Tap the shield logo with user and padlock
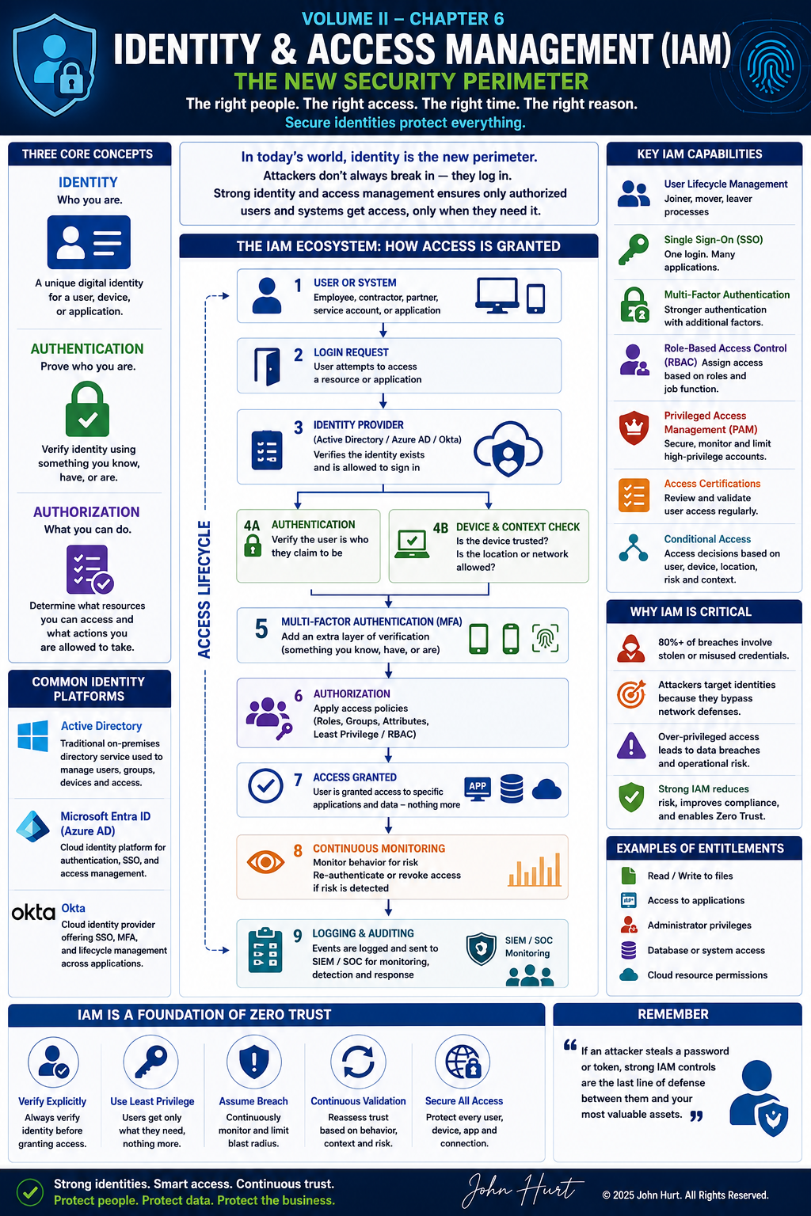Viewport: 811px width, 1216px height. [55, 65]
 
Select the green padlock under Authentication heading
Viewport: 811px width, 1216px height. [87, 408]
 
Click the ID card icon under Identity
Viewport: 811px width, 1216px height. [89, 242]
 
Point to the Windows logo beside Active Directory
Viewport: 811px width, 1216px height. [32, 736]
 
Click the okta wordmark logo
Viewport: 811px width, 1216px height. [34, 913]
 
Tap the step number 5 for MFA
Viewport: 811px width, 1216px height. [261, 629]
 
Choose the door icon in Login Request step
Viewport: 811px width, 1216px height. [267, 367]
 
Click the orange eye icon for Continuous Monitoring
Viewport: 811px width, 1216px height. [265, 862]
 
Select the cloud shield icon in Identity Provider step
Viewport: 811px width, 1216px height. [508, 448]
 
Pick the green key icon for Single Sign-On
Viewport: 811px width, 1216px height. [634, 249]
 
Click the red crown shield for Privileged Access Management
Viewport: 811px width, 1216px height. [634, 427]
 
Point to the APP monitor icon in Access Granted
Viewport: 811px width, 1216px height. [478, 788]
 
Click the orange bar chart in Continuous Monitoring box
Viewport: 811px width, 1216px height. [535, 869]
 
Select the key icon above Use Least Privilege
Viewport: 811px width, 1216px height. [151, 1062]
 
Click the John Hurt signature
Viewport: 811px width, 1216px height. [522, 1190]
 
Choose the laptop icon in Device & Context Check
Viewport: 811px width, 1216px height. [412, 544]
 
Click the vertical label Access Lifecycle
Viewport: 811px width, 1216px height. [204, 590]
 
